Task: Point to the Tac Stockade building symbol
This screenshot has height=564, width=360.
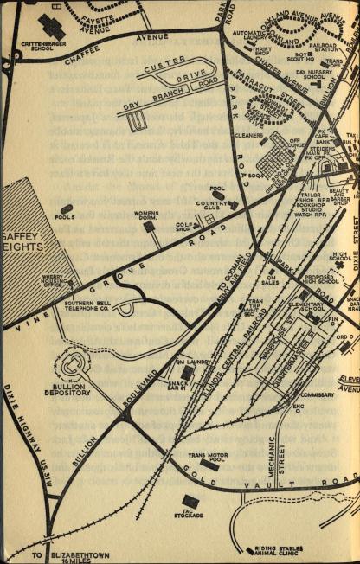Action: [x=190, y=501]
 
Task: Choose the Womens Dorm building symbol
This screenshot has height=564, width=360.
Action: [x=149, y=227]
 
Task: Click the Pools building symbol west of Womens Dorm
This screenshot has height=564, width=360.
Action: [x=67, y=209]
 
